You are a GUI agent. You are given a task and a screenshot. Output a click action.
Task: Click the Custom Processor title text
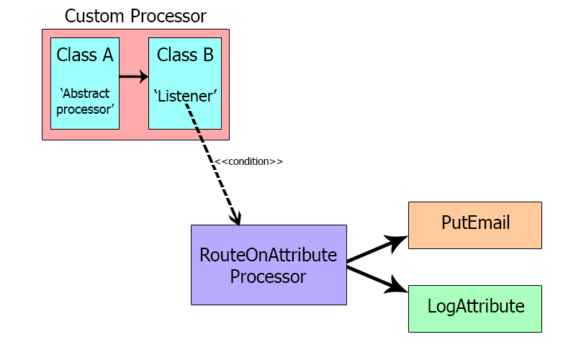pyautogui.click(x=135, y=15)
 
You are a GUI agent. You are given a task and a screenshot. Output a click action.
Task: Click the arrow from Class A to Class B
pyautogui.click(x=133, y=76)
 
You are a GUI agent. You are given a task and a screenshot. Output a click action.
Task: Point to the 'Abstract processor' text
pyautogui.click(x=85, y=101)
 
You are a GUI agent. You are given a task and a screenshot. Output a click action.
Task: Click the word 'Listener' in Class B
pyautogui.click(x=185, y=95)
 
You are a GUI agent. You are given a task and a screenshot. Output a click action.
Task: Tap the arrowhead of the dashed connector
pyautogui.click(x=236, y=218)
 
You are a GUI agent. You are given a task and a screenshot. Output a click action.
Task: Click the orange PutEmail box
pyautogui.click(x=475, y=225)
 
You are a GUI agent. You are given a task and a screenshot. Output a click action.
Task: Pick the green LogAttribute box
pyautogui.click(x=475, y=308)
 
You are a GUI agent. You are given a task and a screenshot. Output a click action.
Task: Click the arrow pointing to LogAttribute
pyautogui.click(x=374, y=279)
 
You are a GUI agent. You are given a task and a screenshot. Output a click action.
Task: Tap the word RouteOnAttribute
pyautogui.click(x=269, y=256)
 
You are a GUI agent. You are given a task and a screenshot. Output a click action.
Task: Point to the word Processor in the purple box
pyautogui.click(x=269, y=276)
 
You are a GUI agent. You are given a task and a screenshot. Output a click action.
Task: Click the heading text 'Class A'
pyautogui.click(x=85, y=55)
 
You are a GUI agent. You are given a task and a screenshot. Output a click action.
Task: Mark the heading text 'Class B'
pyautogui.click(x=185, y=55)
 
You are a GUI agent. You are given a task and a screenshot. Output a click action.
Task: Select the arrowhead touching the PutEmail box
pyautogui.click(x=399, y=240)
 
